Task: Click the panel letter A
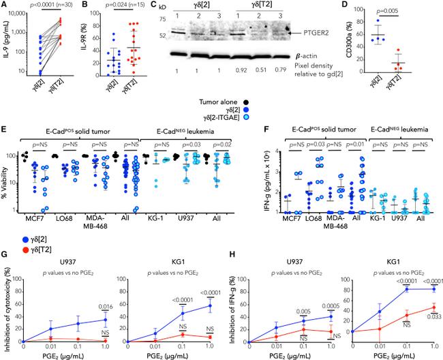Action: (x=5, y=6)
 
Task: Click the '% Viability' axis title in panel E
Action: (x=7, y=181)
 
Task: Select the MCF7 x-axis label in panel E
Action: (x=36, y=220)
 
